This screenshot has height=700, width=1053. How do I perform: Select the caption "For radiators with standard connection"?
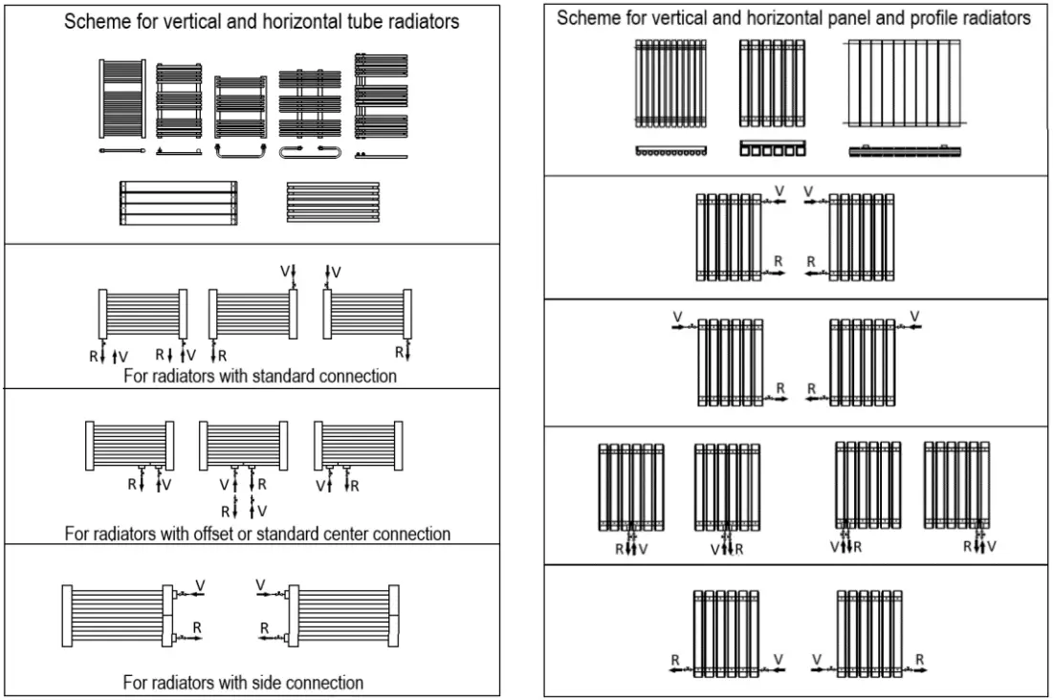[x=260, y=376]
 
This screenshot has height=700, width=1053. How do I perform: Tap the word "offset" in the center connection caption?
[x=228, y=533]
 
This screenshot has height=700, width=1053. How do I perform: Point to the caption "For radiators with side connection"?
[x=243, y=683]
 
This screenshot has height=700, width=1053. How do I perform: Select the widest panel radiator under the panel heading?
[x=904, y=83]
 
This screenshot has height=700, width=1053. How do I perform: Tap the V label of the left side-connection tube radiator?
[x=200, y=583]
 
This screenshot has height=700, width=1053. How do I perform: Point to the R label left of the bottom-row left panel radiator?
[x=674, y=659]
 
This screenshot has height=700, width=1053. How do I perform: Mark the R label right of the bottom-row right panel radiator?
[x=919, y=659]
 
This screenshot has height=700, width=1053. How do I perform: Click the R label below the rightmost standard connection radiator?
[x=401, y=355]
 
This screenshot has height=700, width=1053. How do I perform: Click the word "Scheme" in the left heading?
[x=93, y=22]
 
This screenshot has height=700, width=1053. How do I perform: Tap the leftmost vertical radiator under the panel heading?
[x=669, y=83]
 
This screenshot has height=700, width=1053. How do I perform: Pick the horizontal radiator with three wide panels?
[x=178, y=202]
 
